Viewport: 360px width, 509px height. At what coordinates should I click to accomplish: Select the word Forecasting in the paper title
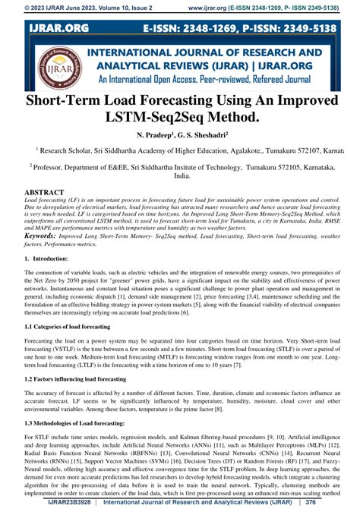[187, 103]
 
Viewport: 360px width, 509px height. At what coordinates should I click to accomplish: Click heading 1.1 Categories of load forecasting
[68, 327]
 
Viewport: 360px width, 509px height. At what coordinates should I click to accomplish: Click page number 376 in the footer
[330, 502]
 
